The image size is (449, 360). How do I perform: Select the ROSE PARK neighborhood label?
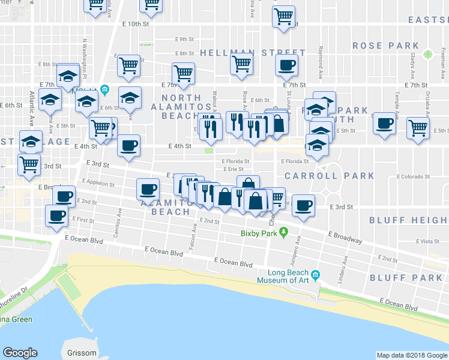[385, 46]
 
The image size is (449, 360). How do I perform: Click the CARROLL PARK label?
[330, 176]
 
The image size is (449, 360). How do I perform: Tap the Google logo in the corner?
[20, 353]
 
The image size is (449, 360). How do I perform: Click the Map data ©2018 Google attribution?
[412, 355]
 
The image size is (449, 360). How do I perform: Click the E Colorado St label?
[414, 177]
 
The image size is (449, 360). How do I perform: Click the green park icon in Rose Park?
[428, 55]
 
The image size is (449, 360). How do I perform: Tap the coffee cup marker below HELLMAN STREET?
[286, 65]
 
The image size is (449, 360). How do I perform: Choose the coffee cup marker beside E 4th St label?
[128, 146]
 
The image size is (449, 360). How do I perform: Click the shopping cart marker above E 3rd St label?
[29, 164]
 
